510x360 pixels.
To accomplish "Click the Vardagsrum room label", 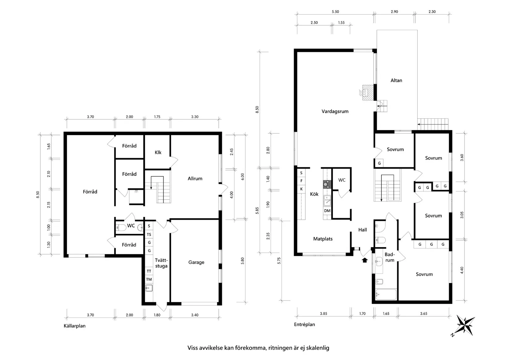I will (335, 112).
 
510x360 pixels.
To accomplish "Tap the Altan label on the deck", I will (396, 80).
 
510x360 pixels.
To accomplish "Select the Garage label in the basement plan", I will (196, 262).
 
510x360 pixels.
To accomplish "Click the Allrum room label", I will (195, 179).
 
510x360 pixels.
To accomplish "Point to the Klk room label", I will (158, 152).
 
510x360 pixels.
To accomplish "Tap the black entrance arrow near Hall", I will (364, 260).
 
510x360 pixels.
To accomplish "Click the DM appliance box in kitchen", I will (327, 211).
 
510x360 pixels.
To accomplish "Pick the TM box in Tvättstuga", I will (149, 279).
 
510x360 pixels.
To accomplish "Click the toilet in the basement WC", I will (121, 228).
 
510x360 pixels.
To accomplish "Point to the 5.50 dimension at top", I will (335, 12).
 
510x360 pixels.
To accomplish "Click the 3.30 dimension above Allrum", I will (195, 117).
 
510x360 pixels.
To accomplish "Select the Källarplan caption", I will (74, 326).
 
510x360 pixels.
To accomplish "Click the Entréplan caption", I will (304, 324).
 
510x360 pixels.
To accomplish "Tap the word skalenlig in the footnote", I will (318, 348).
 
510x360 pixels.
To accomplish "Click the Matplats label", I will (323, 239).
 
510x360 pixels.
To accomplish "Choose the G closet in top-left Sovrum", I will (379, 163).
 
